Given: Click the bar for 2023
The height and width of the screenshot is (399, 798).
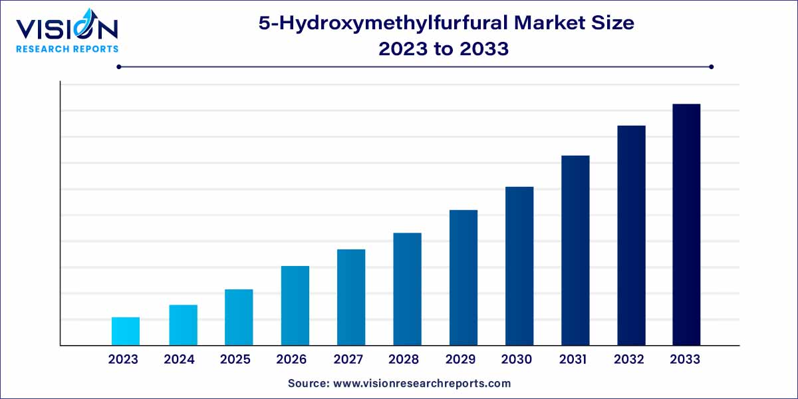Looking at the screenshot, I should point(126,331).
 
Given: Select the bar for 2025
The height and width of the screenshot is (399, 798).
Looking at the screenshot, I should point(239,317).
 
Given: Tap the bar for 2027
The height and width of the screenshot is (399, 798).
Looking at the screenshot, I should point(351,297).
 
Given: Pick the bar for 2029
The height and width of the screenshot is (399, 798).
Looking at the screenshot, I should point(464,277).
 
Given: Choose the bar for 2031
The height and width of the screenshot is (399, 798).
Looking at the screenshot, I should point(575,250).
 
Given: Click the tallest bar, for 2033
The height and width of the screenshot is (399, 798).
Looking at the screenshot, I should point(686,225).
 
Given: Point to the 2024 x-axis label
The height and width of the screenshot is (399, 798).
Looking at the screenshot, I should point(180,360).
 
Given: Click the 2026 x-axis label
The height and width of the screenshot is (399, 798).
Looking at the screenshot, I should point(291,360).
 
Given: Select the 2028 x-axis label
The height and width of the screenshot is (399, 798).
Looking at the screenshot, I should point(404,360).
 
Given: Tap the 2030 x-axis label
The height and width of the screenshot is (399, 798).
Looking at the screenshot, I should point(516,360).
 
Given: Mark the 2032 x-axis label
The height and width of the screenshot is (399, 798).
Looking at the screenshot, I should point(628,360).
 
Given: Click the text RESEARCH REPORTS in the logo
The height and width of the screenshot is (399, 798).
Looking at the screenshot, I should point(66,49).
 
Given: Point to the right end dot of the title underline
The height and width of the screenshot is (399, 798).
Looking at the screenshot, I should point(711,66).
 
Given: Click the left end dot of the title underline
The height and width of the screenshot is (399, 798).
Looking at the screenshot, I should point(118,66).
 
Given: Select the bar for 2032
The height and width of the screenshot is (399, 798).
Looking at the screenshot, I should point(631,235).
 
